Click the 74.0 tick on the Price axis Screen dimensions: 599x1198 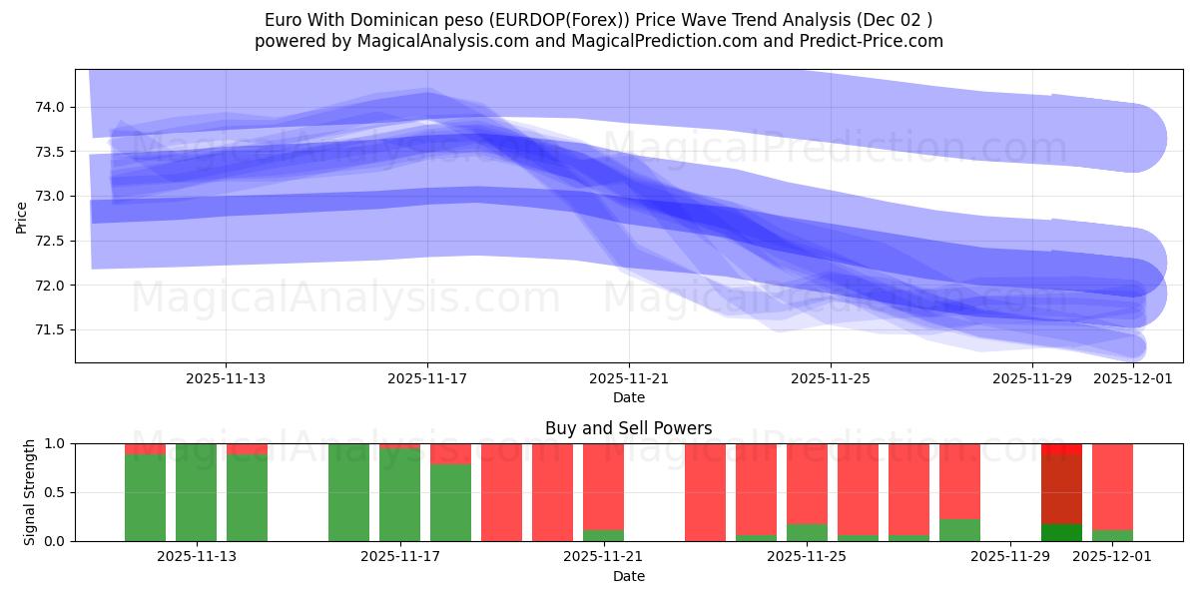click(x=50, y=107)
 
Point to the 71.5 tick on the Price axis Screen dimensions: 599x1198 click(x=50, y=330)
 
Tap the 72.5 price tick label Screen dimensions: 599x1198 click(x=50, y=241)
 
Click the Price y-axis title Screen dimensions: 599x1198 click(x=21, y=216)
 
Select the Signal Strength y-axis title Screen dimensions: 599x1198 click(x=29, y=492)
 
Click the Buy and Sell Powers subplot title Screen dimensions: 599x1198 click(x=628, y=428)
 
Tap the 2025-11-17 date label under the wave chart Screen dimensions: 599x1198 click(x=427, y=378)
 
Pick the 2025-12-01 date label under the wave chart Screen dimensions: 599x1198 click(x=1133, y=378)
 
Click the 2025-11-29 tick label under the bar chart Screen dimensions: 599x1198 click(x=1010, y=557)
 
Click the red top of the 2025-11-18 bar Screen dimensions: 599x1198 click(x=450, y=453)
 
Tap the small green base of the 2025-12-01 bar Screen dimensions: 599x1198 click(x=1112, y=535)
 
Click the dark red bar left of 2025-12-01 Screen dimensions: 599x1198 click(x=1061, y=489)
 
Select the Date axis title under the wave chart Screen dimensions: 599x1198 click(x=628, y=397)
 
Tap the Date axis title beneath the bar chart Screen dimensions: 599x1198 click(x=628, y=576)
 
